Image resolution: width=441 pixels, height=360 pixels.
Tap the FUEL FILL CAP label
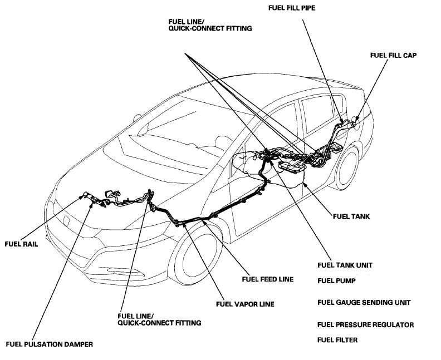click(x=393, y=56)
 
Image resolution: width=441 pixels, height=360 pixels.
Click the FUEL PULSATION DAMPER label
click(x=49, y=343)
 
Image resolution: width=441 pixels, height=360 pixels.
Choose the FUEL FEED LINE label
click(x=267, y=279)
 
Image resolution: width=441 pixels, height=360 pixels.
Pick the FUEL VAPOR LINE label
click(x=245, y=304)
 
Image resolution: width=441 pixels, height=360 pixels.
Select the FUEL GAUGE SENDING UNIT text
click(x=364, y=303)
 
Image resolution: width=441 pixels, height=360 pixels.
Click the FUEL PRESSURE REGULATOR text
click(x=365, y=324)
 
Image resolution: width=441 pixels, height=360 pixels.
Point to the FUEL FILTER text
click(x=337, y=339)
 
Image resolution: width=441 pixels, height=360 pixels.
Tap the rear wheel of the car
click(x=345, y=166)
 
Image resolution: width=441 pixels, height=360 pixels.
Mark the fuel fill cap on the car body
click(x=354, y=118)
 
